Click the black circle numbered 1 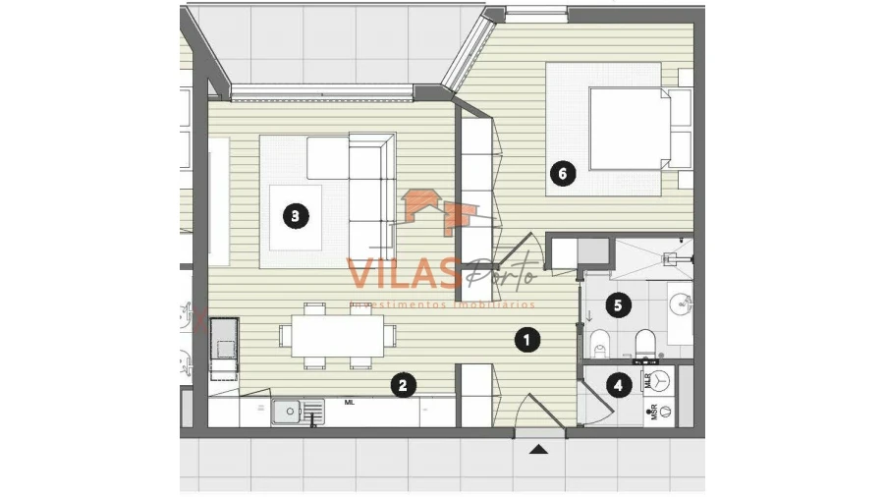tap(527, 340)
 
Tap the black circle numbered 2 tap(401, 385)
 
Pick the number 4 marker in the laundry tap(617, 385)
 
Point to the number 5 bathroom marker tap(617, 305)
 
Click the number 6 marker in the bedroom tap(562, 176)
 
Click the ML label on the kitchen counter tap(349, 402)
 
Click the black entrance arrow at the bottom tap(538, 450)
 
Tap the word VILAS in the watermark tap(403, 272)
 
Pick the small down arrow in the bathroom tap(589, 316)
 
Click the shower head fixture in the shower tap(676, 257)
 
